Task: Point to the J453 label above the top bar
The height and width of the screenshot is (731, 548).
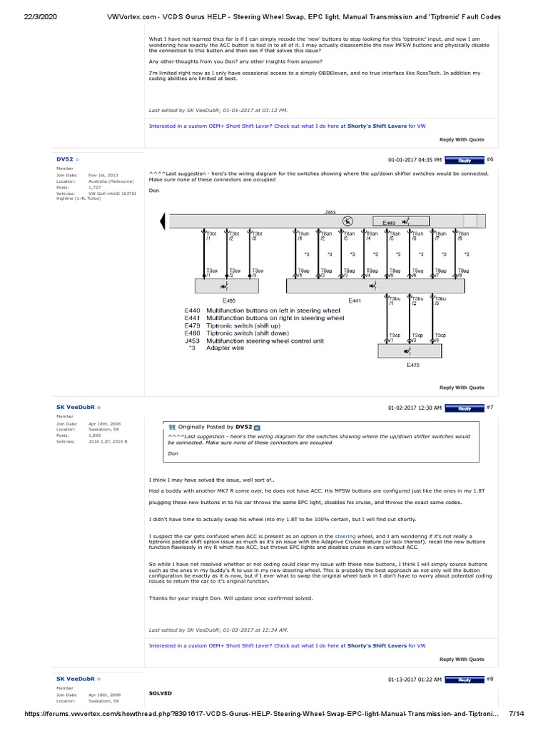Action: click(x=330, y=212)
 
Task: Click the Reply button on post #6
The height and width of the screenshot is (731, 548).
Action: click(x=465, y=161)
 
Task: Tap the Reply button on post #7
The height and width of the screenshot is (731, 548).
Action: click(x=465, y=408)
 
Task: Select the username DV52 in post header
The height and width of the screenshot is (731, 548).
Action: click(x=64, y=159)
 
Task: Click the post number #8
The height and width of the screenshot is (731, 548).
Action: click(x=489, y=678)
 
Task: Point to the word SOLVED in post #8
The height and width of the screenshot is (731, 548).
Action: click(x=160, y=693)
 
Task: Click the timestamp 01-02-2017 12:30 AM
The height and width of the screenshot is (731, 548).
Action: click(x=415, y=408)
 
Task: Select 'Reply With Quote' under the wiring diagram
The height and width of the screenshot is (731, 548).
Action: click(x=462, y=388)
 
